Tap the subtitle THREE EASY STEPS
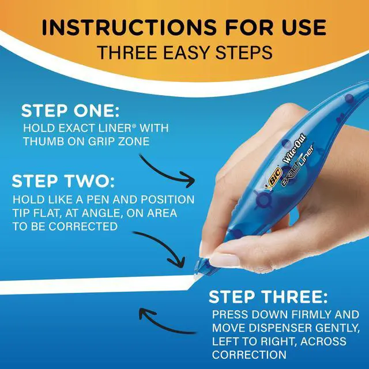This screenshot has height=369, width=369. click(184, 52)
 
